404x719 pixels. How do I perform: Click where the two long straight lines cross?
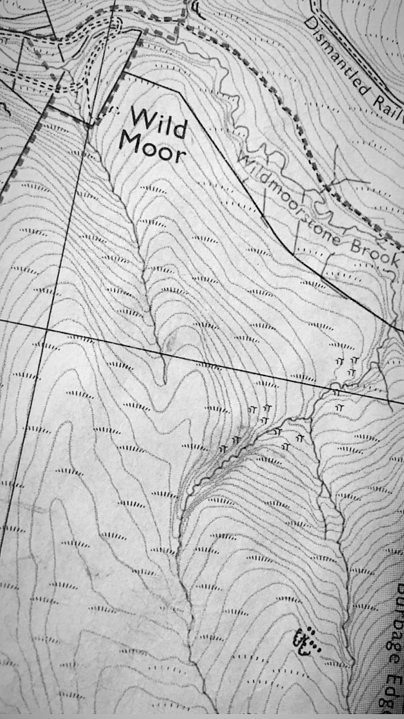coord(47,328)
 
